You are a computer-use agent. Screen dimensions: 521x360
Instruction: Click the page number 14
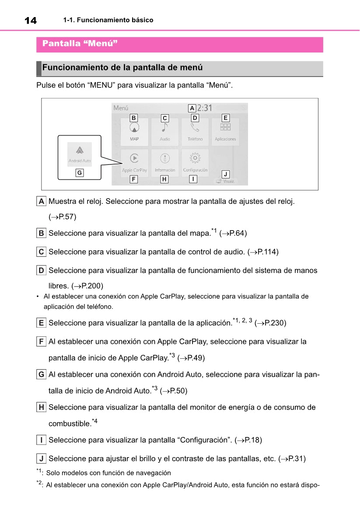[x=30, y=21]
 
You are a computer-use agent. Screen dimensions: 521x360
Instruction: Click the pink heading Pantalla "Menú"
[x=80, y=44]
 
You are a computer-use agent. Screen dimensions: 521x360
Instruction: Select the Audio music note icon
[x=164, y=127]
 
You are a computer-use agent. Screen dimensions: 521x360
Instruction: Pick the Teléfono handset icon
[x=195, y=127]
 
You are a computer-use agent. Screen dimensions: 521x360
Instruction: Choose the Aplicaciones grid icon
[x=225, y=127]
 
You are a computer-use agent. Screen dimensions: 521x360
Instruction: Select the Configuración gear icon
[x=195, y=158]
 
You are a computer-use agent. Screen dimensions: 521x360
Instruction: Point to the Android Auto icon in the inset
[x=80, y=150]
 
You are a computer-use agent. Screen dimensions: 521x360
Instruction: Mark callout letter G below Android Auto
[x=79, y=173]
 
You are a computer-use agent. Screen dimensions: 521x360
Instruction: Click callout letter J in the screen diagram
[x=225, y=174]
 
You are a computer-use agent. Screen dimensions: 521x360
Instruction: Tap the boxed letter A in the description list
[x=41, y=202]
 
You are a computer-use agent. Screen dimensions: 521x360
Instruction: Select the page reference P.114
[x=266, y=252]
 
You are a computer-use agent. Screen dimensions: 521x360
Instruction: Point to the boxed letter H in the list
[x=41, y=407]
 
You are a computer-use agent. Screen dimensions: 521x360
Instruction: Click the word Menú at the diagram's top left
[x=121, y=108]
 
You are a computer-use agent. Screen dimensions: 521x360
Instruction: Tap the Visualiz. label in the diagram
[x=228, y=181]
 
